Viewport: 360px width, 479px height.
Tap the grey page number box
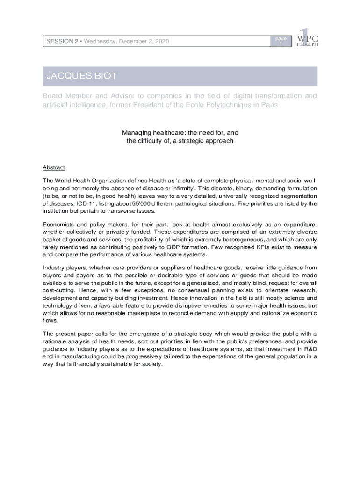pyautogui.click(x=281, y=41)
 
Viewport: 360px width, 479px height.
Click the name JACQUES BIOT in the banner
pyautogui.click(x=81, y=76)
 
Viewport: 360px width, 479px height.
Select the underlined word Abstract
pyautogui.click(x=54, y=167)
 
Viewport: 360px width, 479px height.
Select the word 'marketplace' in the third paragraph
pyautogui.click(x=161, y=313)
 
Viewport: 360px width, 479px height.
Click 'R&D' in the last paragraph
pyautogui.click(x=310, y=349)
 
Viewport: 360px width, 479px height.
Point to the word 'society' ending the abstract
pyautogui.click(x=151, y=364)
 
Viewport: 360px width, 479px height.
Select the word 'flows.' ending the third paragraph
pyautogui.click(x=50, y=320)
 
